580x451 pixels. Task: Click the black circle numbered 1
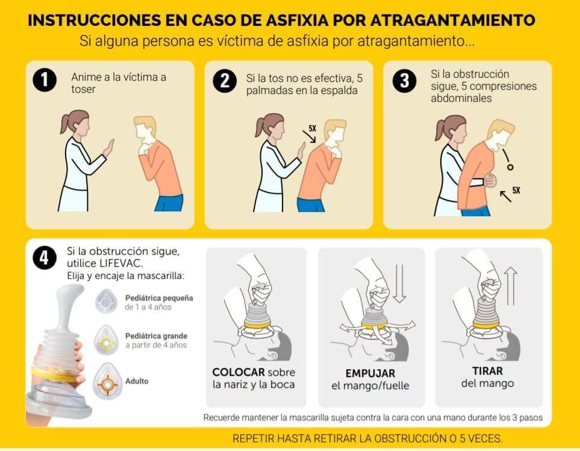[45, 80]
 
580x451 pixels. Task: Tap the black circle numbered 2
[225, 81]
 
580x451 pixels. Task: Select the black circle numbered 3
[404, 81]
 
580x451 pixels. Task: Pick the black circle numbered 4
[45, 257]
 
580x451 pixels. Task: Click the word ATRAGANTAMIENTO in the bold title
[453, 20]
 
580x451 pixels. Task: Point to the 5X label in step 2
[313, 128]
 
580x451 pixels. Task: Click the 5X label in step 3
[516, 190]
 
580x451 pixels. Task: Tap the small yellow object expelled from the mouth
[511, 167]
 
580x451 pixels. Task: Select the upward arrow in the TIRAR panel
[511, 287]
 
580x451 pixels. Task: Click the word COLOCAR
[239, 372]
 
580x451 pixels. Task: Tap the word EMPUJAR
[370, 373]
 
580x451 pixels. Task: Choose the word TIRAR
[487, 371]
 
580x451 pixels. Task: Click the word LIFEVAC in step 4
[120, 264]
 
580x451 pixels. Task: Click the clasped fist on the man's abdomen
[491, 181]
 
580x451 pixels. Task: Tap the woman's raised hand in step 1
[109, 148]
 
